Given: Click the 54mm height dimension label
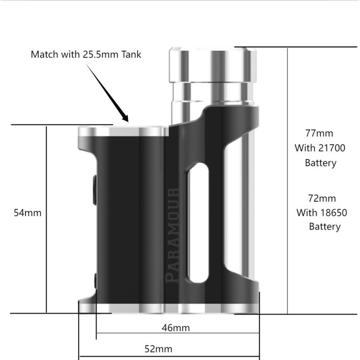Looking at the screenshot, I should pyautogui.click(x=28, y=212).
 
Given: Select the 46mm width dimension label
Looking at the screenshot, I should pyautogui.click(x=176, y=328).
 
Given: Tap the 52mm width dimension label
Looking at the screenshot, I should pyautogui.click(x=158, y=349).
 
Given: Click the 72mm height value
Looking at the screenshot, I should pyautogui.click(x=322, y=198).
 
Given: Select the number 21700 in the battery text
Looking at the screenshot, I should pyautogui.click(x=332, y=148).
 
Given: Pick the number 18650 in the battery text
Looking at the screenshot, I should pyautogui.click(x=333, y=212).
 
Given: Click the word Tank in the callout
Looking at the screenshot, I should pyautogui.click(x=130, y=54).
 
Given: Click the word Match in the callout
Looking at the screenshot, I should pyautogui.click(x=45, y=54).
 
